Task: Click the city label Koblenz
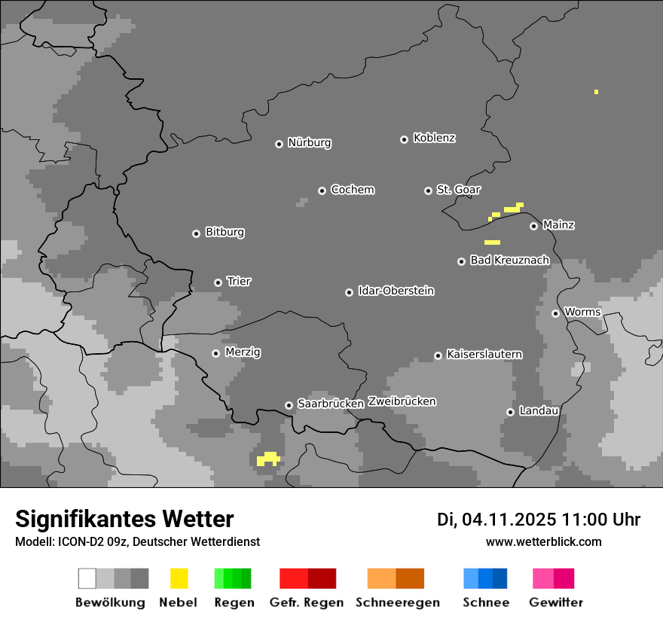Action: [x=434, y=138]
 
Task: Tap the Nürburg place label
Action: [x=309, y=142]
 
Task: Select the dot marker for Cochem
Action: [x=322, y=191]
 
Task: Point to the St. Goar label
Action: [x=458, y=190]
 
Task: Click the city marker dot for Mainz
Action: [x=533, y=226]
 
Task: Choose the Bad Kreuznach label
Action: [x=509, y=261]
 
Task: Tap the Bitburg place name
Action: [x=225, y=232]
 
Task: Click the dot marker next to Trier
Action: [x=218, y=282]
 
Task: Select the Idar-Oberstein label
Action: [x=396, y=291]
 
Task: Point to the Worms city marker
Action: [x=555, y=313]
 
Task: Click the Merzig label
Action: [x=243, y=352]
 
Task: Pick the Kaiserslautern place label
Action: [x=484, y=354]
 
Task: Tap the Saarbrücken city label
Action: [x=330, y=404]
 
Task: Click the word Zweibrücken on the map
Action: [x=402, y=401]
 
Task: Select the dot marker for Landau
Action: [x=510, y=412]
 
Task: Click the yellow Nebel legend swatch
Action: [x=179, y=578]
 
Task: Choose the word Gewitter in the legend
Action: [x=555, y=602]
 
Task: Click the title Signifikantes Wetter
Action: [x=124, y=519]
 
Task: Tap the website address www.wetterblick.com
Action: [x=543, y=541]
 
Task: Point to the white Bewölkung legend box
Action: [x=87, y=578]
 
